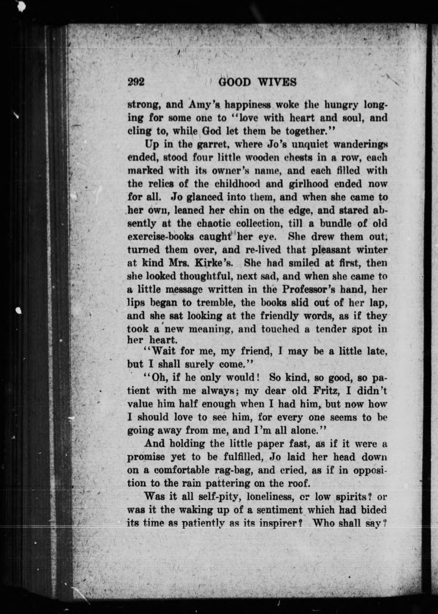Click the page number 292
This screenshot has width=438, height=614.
pyautogui.click(x=136, y=82)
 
